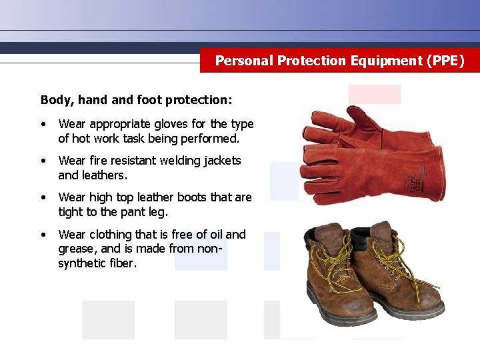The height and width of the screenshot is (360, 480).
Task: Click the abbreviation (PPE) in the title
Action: point(444,61)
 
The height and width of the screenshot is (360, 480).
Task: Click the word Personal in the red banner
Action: point(244,61)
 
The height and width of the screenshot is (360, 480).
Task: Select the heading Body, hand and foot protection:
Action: point(137,100)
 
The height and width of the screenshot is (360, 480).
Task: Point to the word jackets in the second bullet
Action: point(220,161)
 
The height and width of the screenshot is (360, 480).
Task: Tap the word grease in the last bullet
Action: point(77,249)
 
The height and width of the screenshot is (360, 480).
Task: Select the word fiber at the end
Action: point(122,263)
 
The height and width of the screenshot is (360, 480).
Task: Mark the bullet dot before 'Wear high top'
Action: point(43,198)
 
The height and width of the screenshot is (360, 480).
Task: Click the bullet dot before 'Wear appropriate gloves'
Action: point(43,125)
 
